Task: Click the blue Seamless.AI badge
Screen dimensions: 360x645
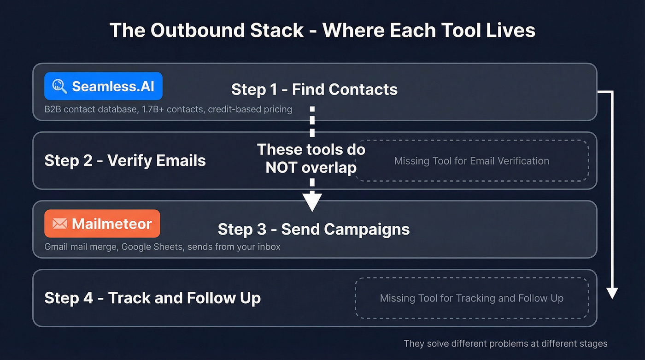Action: tap(103, 86)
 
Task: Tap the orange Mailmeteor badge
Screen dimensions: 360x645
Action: tap(102, 224)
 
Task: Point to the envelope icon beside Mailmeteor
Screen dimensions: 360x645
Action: tap(60, 224)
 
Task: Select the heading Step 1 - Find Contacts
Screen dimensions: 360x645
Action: tap(314, 89)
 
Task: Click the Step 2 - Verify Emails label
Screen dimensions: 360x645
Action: tap(125, 160)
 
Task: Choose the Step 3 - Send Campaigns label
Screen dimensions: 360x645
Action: tap(313, 229)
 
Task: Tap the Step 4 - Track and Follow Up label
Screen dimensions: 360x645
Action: tap(152, 298)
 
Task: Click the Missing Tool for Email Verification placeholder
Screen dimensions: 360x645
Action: tap(471, 161)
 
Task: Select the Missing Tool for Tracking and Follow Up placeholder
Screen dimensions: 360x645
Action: tap(471, 298)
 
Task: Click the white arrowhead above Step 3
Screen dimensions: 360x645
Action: tap(312, 201)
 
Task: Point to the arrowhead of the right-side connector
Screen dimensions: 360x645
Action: tap(612, 293)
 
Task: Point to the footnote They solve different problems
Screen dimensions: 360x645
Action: tap(505, 343)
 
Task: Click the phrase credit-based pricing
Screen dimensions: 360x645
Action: tap(250, 110)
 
